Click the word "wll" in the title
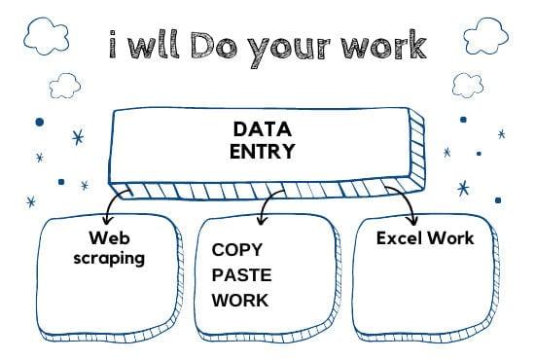click(150, 44)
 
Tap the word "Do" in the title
click(215, 44)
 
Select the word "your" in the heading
click(296, 47)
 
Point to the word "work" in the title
click(388, 44)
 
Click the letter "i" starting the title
click(114, 44)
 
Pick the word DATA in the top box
click(263, 129)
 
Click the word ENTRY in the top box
click(263, 151)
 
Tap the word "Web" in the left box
click(109, 238)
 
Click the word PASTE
click(241, 274)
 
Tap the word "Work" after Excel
click(452, 237)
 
